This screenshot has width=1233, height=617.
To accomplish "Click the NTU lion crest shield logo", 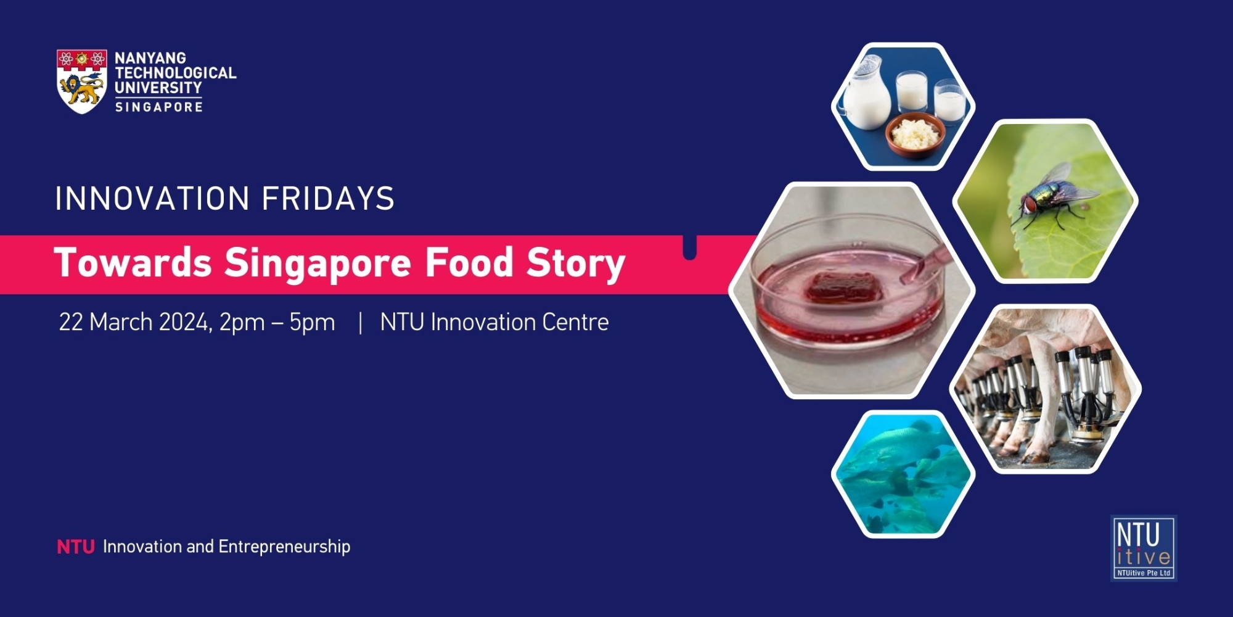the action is click(82, 81).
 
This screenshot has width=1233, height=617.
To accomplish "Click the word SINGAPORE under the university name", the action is click(159, 107).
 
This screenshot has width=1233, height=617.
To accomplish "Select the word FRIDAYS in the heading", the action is click(328, 199).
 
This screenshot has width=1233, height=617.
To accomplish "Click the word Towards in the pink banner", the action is click(133, 262).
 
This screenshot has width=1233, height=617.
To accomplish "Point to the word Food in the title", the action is click(469, 262).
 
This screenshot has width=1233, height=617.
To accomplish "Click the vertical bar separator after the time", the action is click(360, 323).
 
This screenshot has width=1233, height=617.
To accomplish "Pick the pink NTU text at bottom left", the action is click(76, 547).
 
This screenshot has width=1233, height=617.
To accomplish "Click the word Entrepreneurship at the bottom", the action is click(284, 547).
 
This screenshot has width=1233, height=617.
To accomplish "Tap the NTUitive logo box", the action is click(1144, 548).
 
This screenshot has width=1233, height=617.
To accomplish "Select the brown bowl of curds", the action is click(915, 134).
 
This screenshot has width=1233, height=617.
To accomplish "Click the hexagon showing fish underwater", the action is click(903, 474).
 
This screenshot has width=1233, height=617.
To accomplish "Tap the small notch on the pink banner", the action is click(690, 247).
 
